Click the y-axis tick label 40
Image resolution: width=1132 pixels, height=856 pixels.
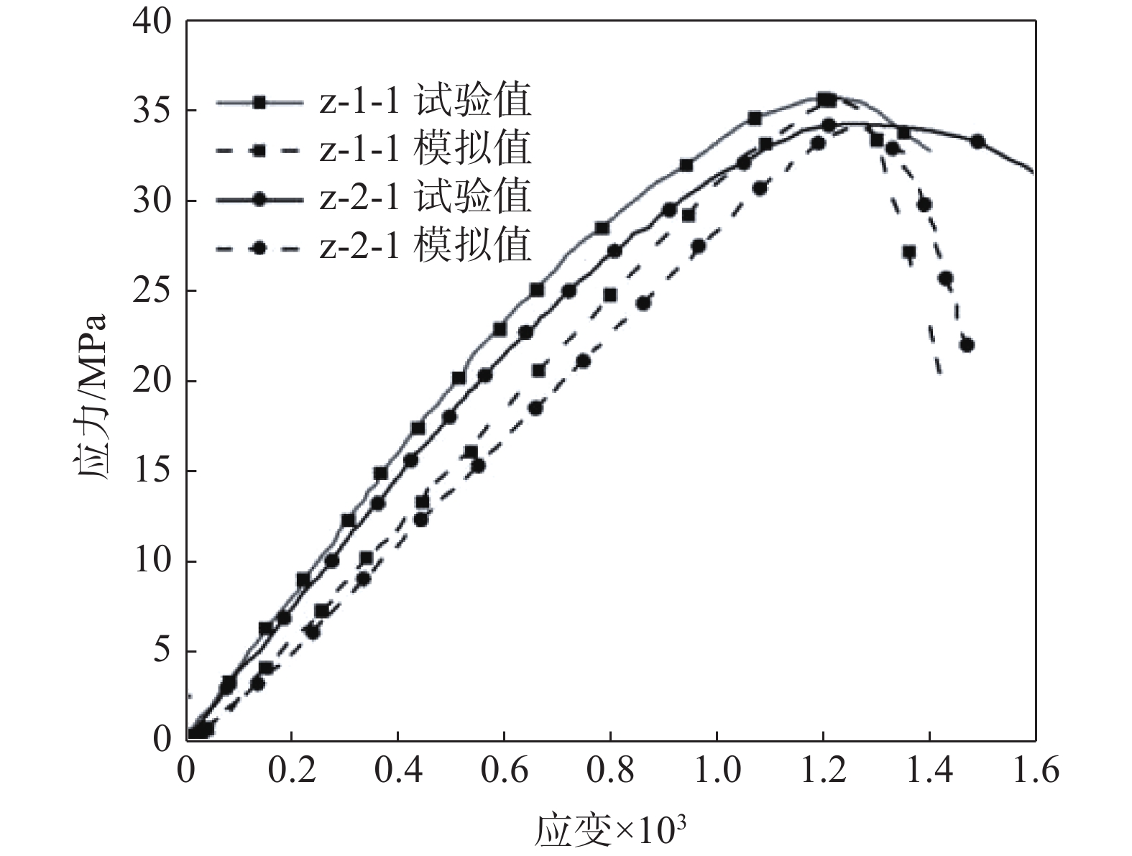(152, 22)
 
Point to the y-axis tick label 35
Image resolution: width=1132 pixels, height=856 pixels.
(152, 111)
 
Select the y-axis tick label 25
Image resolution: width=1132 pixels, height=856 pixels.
(152, 291)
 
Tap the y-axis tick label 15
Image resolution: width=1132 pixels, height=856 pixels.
(152, 471)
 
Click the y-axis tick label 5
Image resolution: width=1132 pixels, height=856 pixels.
(162, 651)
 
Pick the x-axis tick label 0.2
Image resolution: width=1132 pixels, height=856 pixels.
(291, 771)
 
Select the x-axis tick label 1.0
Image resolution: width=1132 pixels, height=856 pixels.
(716, 771)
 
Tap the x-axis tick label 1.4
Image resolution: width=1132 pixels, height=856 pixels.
(929, 771)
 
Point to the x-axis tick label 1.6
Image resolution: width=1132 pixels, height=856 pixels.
(1035, 771)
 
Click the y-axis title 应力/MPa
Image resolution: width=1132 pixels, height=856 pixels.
(92, 399)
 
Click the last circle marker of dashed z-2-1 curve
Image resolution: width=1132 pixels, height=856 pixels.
(967, 345)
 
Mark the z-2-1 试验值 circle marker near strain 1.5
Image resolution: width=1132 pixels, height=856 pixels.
(977, 142)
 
